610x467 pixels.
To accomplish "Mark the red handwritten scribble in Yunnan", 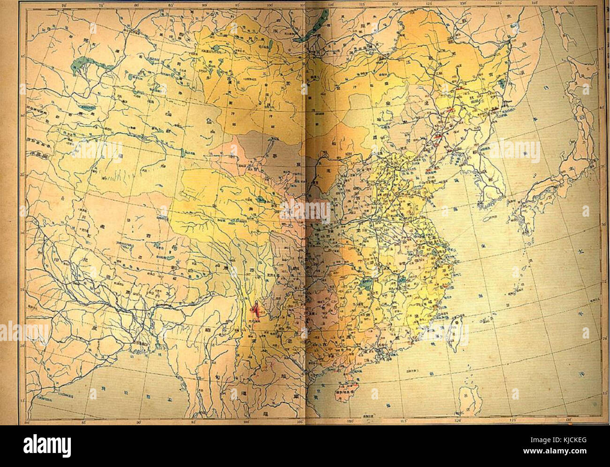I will coord(256,310).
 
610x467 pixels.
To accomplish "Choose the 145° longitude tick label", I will coord(571,4).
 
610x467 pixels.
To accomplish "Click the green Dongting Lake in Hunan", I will coord(365,284).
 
